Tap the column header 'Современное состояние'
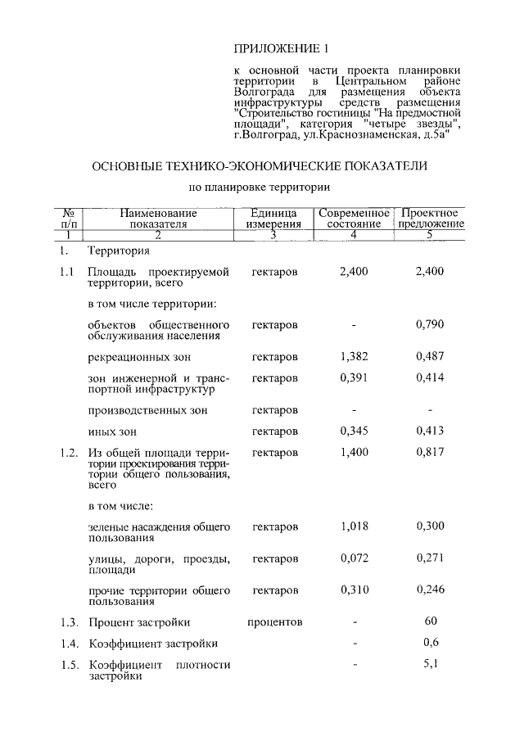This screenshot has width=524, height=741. pos(355,218)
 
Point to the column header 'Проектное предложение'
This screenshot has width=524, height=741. pos(430,218)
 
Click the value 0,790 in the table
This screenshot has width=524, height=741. pos(430,325)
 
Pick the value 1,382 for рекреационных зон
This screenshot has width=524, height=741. pos(354,357)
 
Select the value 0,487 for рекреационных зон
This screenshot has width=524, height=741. pos(430,357)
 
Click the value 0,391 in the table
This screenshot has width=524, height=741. pos(354,378)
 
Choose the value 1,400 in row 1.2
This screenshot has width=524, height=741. pos(354,452)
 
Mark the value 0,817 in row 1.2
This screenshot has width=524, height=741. pos(430,452)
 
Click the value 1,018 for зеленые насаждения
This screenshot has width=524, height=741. pos(354,526)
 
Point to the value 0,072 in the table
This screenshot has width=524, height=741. pos(354,558)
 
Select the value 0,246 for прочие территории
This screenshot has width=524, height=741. pos(430,590)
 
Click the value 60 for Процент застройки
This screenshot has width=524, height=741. pos(431,621)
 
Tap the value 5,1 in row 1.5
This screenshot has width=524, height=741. pos(431,664)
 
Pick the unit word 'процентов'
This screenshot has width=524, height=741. pos(275,622)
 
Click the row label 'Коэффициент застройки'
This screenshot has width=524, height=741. pos(153,644)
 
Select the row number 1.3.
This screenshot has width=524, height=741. pos(69,622)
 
